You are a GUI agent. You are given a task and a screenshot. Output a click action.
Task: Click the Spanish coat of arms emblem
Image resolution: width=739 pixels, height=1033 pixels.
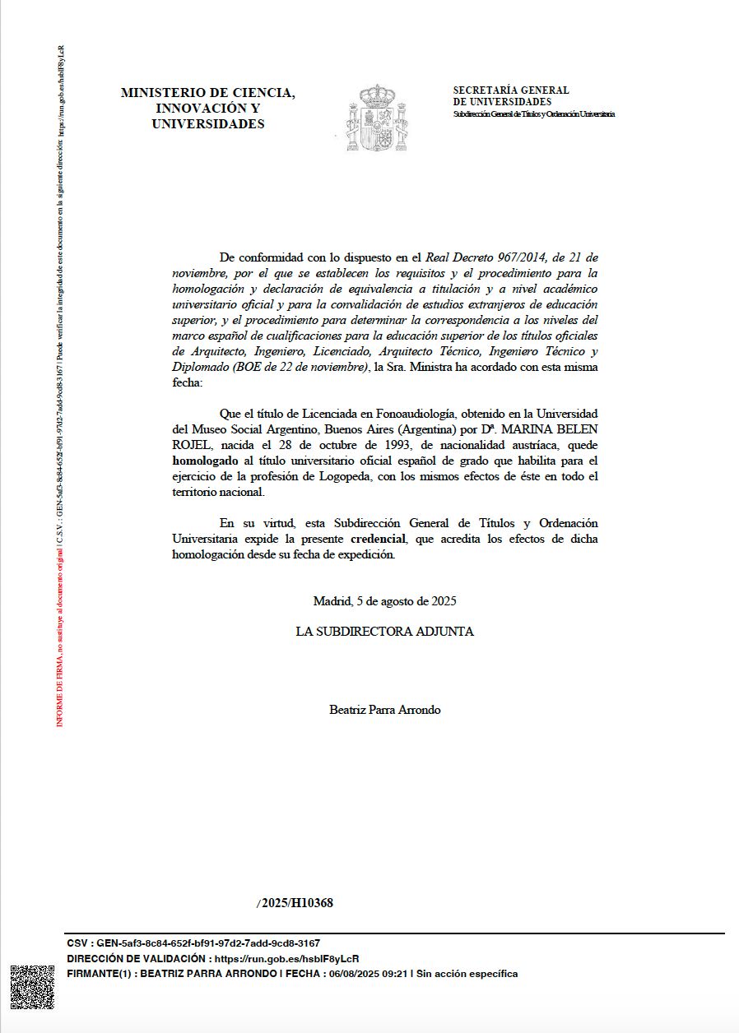pos(377,118)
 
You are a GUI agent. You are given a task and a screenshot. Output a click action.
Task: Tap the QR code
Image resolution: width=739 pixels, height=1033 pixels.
pos(32,987)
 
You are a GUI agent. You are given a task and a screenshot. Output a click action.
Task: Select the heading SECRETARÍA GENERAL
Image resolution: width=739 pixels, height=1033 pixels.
pos(511,90)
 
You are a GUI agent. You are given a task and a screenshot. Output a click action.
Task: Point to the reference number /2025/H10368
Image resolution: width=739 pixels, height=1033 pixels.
pos(295,903)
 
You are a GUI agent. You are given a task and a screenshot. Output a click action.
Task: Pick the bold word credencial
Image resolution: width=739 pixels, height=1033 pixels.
pos(379,539)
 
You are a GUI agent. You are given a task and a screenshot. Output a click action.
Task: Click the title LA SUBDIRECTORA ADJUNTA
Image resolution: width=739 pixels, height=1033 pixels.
pos(384,632)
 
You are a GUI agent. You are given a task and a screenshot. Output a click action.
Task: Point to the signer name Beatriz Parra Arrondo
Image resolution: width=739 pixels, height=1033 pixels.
pos(384,709)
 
